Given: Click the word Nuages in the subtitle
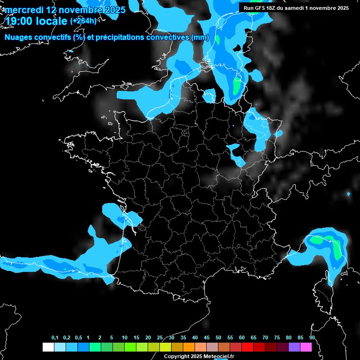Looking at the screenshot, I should coord(18,37).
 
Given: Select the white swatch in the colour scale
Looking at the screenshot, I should coord(48,347).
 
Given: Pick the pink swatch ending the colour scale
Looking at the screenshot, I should coord(306,347).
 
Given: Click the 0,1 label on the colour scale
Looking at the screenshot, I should coord(55,338).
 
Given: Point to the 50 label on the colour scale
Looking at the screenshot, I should coord(218,338).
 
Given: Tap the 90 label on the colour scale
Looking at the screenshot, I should coord(312,338).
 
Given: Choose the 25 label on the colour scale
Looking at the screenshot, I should coord(160,338).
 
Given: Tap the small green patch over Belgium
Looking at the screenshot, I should coord(237,86).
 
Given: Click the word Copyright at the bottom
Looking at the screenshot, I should coord(175,356).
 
